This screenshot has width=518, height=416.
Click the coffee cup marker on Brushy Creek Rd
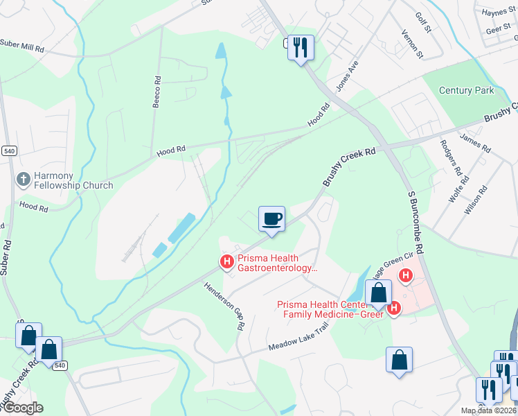coord(271,219)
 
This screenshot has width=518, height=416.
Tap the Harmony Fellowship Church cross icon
coord(24,180)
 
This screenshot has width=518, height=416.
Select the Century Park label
coord(468,91)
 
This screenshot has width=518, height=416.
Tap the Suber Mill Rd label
coord(22,50)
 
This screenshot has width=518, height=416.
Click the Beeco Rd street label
coord(157,92)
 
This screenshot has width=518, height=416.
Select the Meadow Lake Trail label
coord(300,339)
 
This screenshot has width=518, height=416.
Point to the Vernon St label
coord(411,43)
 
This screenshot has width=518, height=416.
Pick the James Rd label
coord(474,142)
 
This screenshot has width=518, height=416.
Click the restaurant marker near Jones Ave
coord(301,48)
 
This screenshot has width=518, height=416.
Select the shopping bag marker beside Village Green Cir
coord(379,293)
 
